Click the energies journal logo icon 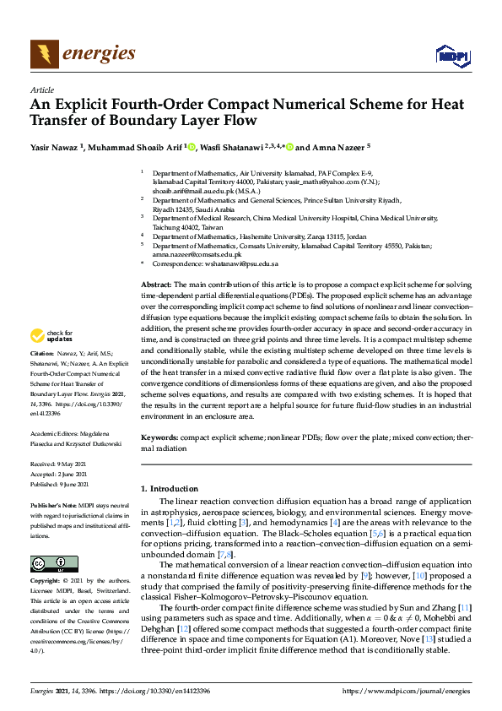44,54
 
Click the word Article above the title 41,90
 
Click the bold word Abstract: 157,286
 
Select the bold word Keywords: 160,437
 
